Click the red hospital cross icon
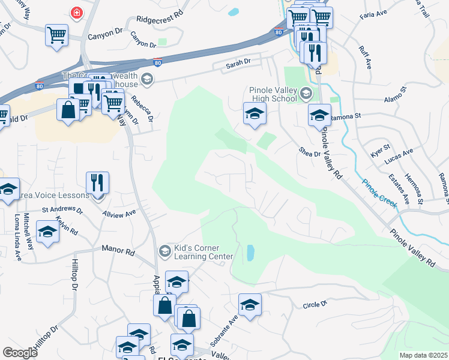click(x=76, y=12)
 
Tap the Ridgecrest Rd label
click(x=158, y=19)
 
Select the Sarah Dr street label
click(x=238, y=62)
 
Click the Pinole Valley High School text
click(x=273, y=95)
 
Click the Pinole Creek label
click(x=379, y=193)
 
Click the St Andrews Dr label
click(x=62, y=209)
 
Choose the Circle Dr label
click(x=315, y=305)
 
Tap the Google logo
click(x=20, y=353)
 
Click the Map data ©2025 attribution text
click(x=423, y=355)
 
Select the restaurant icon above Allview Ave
click(x=97, y=182)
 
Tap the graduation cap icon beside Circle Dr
click(x=250, y=304)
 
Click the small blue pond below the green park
click(x=250, y=253)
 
